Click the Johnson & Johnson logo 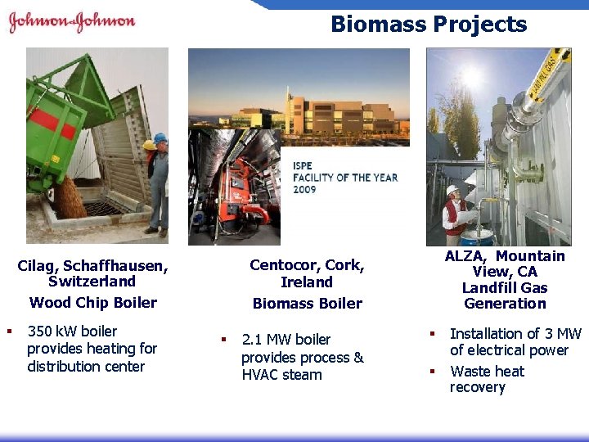coord(72,22)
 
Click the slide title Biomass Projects coord(429,24)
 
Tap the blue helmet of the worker coord(160,138)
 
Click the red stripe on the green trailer coord(53,122)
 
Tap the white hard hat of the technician coord(452,190)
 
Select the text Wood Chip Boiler coord(93,302)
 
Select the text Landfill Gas coord(505,287)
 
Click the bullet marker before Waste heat coord(433,372)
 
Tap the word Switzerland coord(92,282)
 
